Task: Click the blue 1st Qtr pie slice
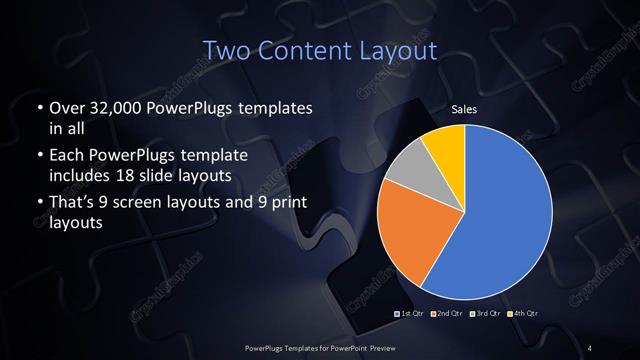click(x=510, y=215)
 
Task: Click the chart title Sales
click(x=464, y=108)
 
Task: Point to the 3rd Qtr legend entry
click(x=485, y=314)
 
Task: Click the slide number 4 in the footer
click(x=591, y=347)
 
